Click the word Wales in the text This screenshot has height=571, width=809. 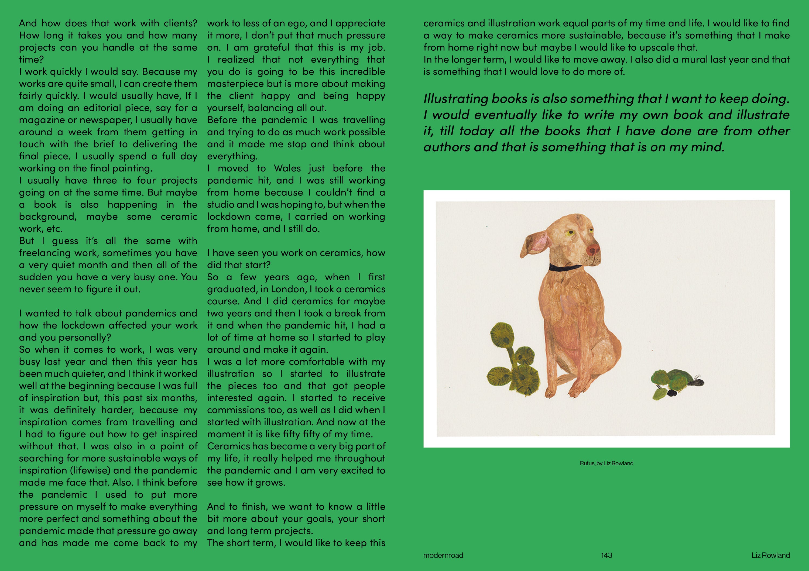(x=286, y=168)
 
